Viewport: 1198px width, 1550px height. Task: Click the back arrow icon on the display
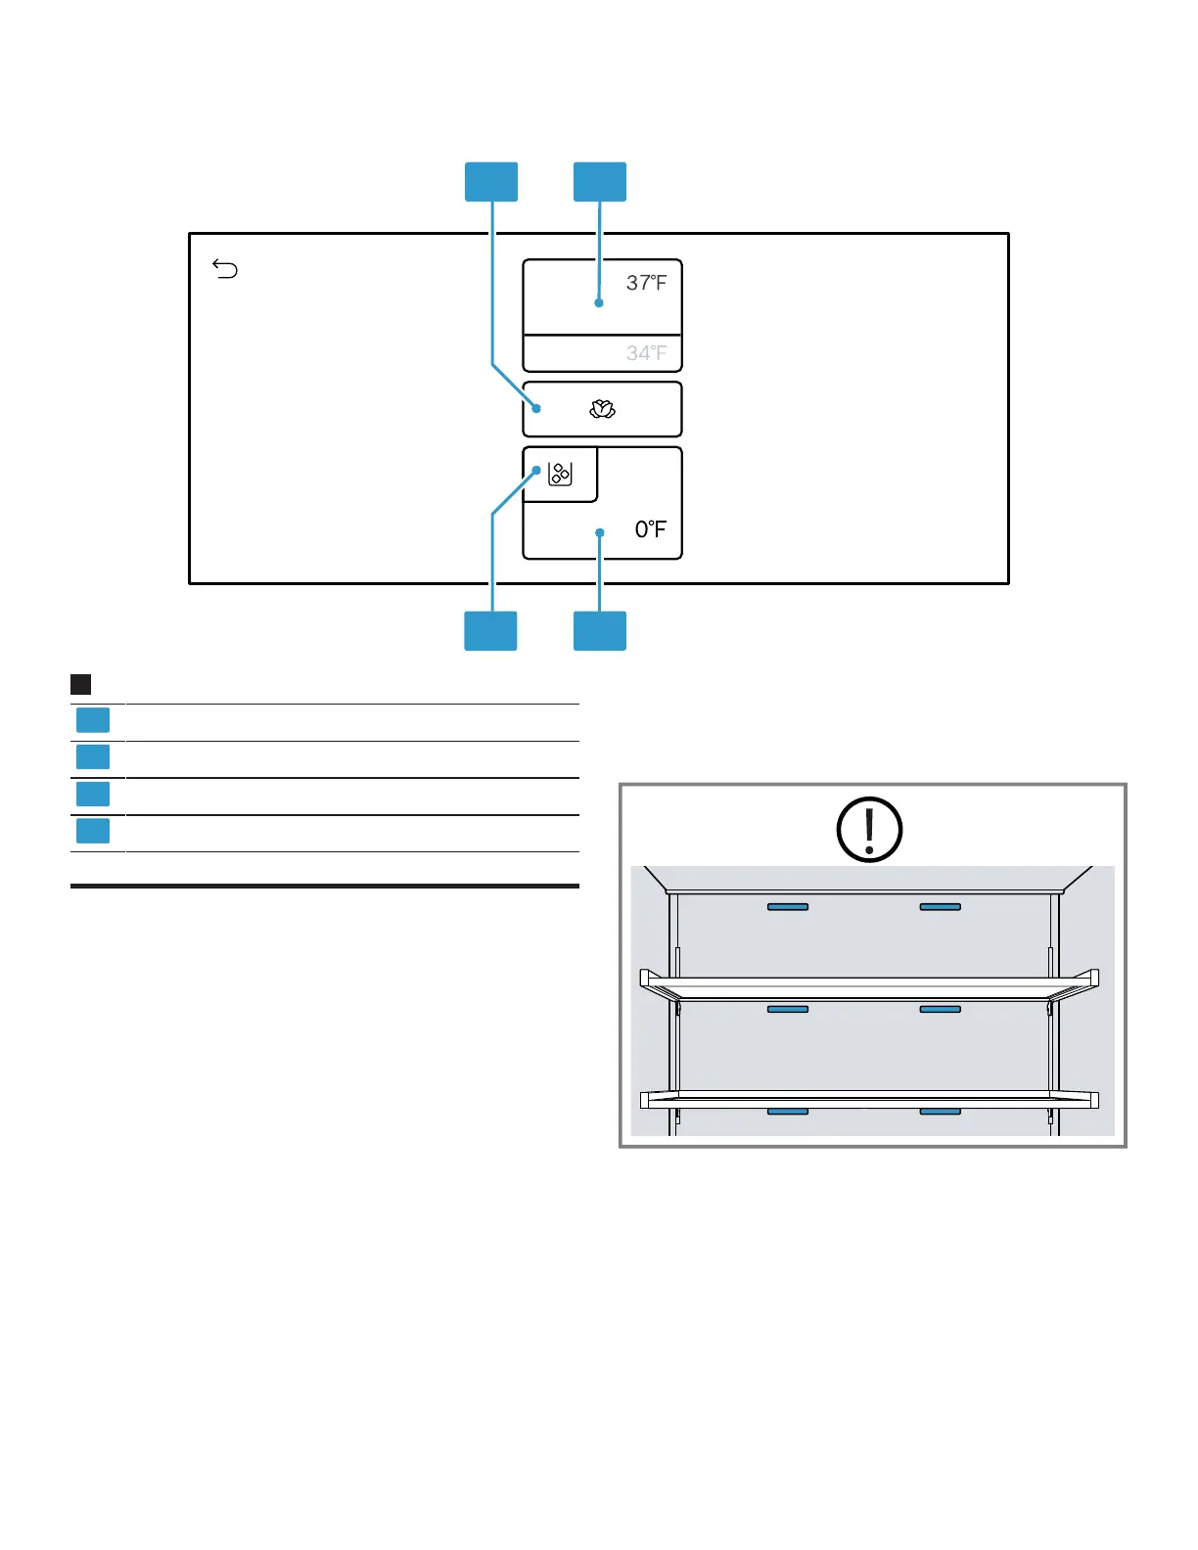coord(225,269)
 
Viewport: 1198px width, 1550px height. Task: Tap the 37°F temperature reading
coord(646,283)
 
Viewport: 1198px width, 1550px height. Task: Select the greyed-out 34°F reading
coord(646,353)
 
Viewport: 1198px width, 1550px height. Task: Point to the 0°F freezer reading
coord(650,529)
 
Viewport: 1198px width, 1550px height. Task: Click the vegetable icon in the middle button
coord(602,410)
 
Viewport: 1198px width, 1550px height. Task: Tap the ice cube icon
coord(560,475)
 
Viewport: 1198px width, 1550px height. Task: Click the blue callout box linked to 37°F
coord(599,182)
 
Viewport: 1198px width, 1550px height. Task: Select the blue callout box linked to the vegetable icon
coord(490,182)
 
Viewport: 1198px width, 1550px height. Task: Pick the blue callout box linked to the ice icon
coord(490,631)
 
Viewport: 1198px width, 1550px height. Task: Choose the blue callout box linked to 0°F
coord(599,631)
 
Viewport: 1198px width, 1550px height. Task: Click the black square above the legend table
coord(81,684)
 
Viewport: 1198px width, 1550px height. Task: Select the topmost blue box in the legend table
coord(93,720)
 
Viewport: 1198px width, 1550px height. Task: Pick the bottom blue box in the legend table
coord(93,831)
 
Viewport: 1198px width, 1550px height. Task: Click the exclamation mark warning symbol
coord(869,830)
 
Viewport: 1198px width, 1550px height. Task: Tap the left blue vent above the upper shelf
coord(788,907)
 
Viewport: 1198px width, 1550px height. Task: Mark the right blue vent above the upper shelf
coord(940,907)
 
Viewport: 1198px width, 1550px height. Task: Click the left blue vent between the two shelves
coord(788,1009)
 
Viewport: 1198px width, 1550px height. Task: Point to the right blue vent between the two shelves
coord(940,1009)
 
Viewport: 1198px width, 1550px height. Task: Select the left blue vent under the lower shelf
coord(788,1112)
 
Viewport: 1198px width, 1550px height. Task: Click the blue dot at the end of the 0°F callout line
coord(600,532)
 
